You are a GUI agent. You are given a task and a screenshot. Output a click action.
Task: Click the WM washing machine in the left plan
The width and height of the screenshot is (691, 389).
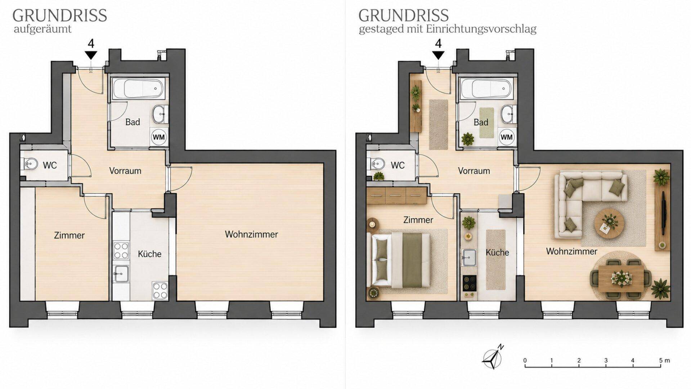pyautogui.click(x=159, y=137)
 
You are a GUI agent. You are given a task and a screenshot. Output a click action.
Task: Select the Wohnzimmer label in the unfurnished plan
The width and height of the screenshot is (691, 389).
pyautogui.click(x=251, y=234)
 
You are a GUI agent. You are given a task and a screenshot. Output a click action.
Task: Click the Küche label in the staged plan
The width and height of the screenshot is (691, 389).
pyautogui.click(x=497, y=252)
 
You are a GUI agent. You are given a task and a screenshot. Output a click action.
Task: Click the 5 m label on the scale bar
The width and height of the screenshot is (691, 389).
pyautogui.click(x=664, y=360)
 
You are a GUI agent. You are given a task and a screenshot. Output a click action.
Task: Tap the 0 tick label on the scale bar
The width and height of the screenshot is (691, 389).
pyautogui.click(x=525, y=360)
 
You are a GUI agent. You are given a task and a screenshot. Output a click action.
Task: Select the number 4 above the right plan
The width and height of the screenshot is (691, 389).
pyautogui.click(x=438, y=44)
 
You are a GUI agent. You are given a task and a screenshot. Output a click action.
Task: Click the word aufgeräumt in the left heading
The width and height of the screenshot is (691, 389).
pyautogui.click(x=42, y=29)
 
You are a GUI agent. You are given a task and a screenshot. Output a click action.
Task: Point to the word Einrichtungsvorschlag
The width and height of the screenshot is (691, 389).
pyautogui.click(x=481, y=29)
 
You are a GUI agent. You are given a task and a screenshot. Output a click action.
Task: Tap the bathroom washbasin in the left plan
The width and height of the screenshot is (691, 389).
pyautogui.click(x=159, y=114)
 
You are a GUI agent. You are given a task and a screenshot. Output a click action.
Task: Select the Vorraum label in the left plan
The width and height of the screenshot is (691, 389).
pyautogui.click(x=125, y=171)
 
